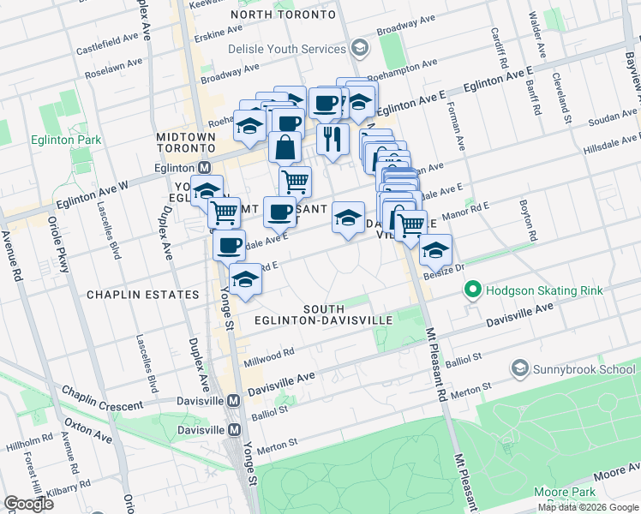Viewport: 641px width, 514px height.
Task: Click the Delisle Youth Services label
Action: tap(285, 49)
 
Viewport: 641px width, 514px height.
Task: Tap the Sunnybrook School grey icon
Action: tap(519, 369)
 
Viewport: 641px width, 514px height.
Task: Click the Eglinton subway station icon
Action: tap(205, 169)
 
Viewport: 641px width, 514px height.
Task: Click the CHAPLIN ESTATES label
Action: tap(142, 295)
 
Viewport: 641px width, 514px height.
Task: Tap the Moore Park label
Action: tap(564, 492)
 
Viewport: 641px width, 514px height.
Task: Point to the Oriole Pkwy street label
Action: tap(63, 248)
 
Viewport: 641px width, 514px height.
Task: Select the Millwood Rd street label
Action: tap(271, 352)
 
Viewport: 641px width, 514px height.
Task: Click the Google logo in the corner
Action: tap(28, 504)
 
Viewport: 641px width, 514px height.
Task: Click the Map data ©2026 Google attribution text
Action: tap(588, 507)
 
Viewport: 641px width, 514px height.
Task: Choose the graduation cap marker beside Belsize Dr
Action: tap(435, 251)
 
